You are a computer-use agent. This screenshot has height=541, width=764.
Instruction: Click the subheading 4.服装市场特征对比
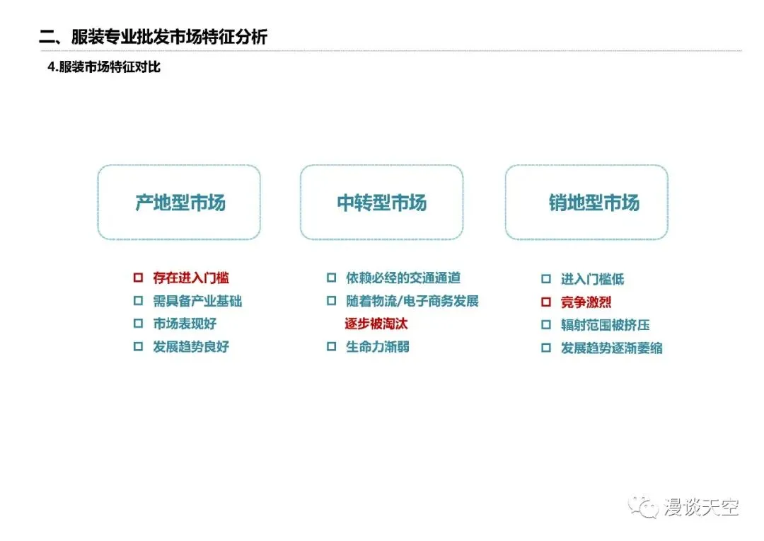click(103, 68)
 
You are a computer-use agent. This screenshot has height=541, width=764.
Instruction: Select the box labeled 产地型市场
click(179, 203)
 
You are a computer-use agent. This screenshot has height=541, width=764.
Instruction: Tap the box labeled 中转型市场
click(381, 203)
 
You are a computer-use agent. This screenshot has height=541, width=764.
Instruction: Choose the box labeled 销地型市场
click(586, 203)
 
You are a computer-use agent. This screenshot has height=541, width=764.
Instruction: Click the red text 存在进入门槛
click(191, 278)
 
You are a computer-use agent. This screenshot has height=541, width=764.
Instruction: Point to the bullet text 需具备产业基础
click(197, 301)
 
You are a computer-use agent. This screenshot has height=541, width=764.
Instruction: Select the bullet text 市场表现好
click(185, 324)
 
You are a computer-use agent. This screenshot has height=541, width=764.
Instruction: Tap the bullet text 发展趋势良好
click(191, 346)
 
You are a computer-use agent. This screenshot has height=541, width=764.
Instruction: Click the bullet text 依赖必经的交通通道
click(403, 278)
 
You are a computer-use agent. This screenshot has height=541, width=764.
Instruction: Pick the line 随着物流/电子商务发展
click(412, 301)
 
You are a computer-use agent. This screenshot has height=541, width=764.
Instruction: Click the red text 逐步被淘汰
click(376, 324)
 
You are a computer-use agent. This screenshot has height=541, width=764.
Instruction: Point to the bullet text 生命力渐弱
click(377, 346)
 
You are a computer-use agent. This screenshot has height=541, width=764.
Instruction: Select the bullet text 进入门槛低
click(592, 280)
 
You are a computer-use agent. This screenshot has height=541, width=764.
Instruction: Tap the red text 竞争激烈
click(586, 302)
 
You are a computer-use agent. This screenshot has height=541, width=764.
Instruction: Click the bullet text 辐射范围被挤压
click(605, 325)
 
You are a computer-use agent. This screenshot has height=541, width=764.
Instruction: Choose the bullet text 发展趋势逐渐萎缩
click(611, 348)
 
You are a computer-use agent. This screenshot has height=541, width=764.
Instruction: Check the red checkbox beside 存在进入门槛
click(138, 278)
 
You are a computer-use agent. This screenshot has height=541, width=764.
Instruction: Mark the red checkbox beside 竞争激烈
click(545, 302)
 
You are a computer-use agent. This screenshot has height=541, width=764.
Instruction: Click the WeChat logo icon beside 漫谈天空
click(644, 506)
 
